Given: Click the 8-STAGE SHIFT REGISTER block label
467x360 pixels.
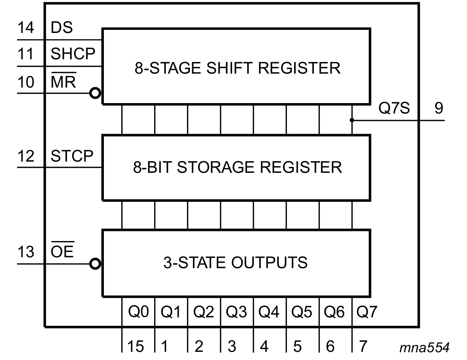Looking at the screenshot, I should pos(237,68).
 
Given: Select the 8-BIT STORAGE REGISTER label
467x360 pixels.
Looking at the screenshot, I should pos(238,167).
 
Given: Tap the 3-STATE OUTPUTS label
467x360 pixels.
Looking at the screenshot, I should pos(235,262).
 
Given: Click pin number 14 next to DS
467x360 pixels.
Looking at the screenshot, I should pos(26,28).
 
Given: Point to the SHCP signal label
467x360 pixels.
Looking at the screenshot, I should pos(73,54).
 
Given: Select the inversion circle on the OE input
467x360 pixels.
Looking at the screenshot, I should pos(95,264).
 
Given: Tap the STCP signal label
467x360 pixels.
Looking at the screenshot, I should pos(72,156).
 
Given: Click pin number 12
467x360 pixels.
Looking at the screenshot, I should pos(26,156).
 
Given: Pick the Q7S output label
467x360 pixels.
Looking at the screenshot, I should pos(394,109).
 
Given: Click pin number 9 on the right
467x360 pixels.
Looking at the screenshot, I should pos(438,109).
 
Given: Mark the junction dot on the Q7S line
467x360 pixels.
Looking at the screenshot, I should pos(352,120).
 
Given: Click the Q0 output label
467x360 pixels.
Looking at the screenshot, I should pos(138,312).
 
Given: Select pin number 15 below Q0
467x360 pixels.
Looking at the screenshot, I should pos(135,346).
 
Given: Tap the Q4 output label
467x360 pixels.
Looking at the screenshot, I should pos(269,312).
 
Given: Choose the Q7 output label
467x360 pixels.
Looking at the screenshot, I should pos(367,312).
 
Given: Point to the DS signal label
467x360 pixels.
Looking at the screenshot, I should pos(62,28).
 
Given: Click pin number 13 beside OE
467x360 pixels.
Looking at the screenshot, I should pos(26,252).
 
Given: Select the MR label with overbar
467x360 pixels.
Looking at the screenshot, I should pos(63,82).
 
